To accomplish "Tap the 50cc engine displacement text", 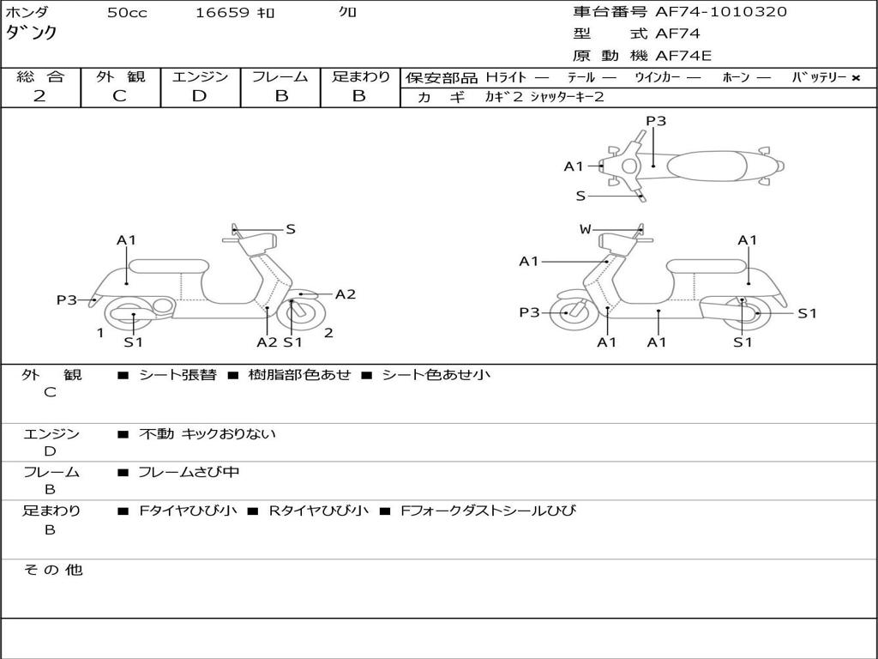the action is (127, 13).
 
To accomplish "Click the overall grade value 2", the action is (39, 96).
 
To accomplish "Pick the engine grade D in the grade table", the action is (200, 96).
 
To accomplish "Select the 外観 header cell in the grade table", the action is (120, 76).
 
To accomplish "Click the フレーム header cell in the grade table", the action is (280, 76).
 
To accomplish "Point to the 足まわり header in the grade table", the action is (361, 76).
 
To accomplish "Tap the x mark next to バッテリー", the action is (855, 78).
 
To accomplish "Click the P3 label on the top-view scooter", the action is (656, 121).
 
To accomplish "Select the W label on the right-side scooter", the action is (585, 229).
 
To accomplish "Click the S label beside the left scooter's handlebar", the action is (291, 229).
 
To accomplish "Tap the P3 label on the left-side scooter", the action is (67, 300).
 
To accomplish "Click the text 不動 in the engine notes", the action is (156, 434).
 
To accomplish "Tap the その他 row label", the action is (52, 570).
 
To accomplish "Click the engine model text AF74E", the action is (683, 56).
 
